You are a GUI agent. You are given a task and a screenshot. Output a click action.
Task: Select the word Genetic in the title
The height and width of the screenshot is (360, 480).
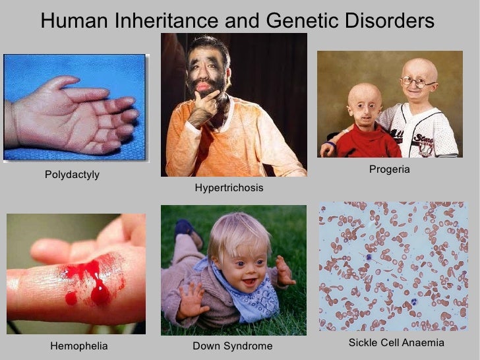coord(293,21)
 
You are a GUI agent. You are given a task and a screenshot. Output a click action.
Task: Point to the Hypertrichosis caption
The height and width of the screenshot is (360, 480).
coord(229,189)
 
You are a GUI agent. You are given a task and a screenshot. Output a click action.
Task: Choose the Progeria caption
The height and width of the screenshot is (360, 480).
coord(389,170)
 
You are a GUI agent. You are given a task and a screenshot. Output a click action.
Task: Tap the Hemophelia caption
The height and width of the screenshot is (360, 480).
coord(78,345)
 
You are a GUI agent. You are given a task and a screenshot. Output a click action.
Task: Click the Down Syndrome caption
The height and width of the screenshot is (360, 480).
coord(232,345)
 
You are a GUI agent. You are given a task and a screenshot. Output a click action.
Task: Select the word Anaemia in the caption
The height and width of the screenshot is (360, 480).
coord(421,344)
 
